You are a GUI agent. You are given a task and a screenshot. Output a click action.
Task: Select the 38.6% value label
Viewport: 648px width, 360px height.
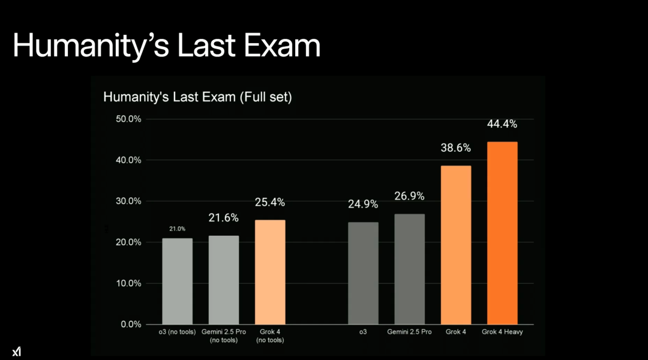click(456, 148)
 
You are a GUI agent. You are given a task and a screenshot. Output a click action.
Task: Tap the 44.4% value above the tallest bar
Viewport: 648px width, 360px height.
click(502, 124)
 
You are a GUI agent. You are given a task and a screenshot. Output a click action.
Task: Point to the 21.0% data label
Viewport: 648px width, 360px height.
click(177, 229)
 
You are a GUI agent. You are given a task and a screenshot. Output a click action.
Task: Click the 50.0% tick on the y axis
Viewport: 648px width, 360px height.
click(128, 119)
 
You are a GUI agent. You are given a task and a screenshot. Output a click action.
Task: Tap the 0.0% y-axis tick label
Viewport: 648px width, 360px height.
click(131, 324)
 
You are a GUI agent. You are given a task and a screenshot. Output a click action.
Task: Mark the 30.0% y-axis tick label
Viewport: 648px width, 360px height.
click(128, 201)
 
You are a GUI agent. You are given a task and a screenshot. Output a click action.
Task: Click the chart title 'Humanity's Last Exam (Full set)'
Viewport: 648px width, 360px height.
click(197, 97)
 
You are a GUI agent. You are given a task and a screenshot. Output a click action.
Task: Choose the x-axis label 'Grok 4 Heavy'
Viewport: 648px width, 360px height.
click(502, 332)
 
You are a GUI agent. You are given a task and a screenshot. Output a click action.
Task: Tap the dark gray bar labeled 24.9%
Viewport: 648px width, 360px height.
click(363, 273)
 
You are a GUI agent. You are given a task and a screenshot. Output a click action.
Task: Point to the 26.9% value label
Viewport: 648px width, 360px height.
click(409, 196)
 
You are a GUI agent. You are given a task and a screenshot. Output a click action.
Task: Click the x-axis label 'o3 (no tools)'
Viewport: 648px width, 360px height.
click(177, 332)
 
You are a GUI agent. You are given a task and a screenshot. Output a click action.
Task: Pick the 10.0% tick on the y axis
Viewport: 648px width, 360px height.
click(128, 283)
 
